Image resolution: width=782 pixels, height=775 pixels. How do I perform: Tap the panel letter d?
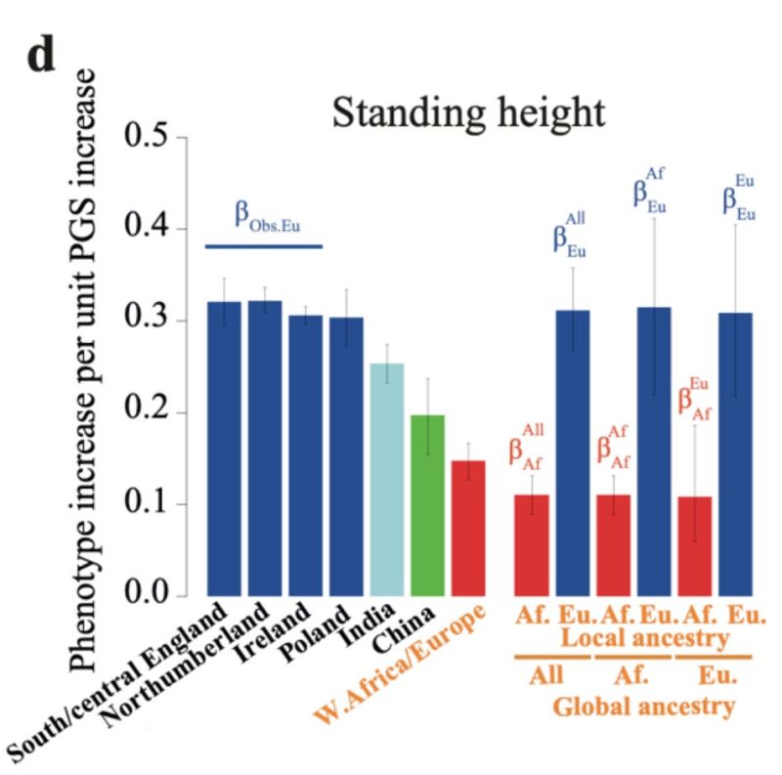pos(40,57)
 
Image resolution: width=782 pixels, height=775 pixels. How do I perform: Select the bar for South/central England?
pos(224,449)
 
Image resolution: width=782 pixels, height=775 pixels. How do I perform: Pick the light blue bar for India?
pos(387,479)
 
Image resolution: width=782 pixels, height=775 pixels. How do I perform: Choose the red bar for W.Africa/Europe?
pos(468,528)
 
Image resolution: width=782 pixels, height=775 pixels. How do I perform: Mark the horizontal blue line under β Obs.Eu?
pos(263,246)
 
